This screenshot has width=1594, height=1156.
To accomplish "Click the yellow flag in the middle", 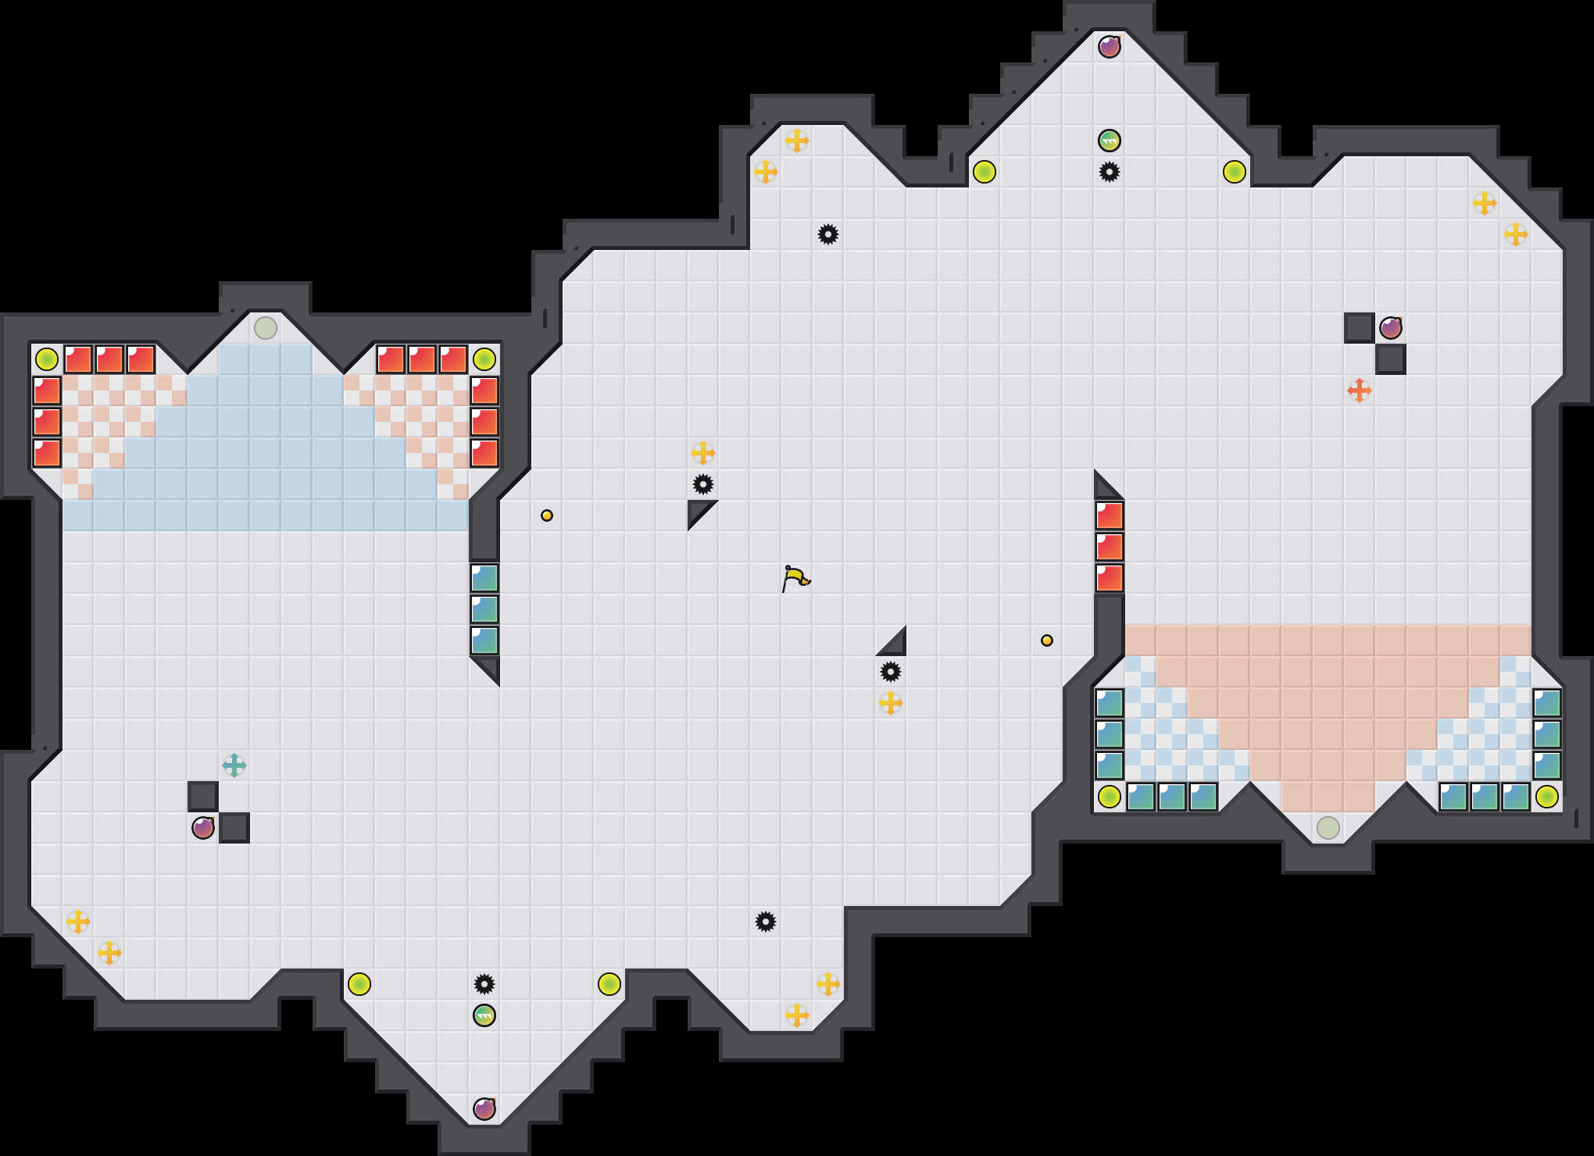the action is (795, 578).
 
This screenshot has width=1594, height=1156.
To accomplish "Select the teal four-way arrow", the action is (234, 765).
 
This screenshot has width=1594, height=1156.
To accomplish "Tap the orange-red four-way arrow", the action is (1360, 391).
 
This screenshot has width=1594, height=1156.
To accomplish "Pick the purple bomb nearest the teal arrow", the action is (203, 828).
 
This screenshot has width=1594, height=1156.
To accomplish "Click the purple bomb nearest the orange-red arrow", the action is (1391, 328).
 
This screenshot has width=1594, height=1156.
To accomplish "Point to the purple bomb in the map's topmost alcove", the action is (1110, 47).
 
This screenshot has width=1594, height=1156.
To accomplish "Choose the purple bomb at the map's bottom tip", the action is (484, 1109).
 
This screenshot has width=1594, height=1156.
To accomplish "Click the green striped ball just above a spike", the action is (1110, 141).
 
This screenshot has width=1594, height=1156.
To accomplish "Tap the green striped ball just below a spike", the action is (484, 1015).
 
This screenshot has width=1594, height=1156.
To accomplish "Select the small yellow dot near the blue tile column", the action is (547, 516).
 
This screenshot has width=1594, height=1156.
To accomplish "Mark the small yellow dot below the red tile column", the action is (1047, 640).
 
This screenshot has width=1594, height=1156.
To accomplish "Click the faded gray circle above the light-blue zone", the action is (266, 328).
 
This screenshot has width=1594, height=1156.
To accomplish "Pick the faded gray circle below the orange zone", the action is (1328, 828).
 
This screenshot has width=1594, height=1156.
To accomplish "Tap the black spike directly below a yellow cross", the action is (703, 484).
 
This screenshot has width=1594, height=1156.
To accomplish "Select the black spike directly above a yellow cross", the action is (891, 672).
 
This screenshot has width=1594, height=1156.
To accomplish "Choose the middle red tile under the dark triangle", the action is (1110, 547).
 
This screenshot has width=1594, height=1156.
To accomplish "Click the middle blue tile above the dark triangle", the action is (484, 609).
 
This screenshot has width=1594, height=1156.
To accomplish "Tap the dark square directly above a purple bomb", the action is (203, 797).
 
